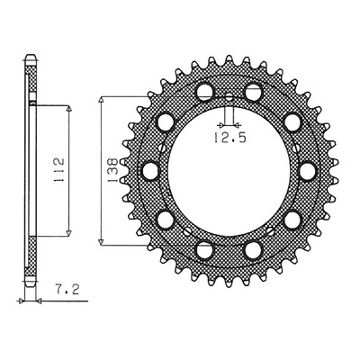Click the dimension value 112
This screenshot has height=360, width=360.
(x=59, y=170)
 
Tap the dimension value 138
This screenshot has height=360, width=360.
(x=113, y=170)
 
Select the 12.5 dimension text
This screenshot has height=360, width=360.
(x=229, y=138)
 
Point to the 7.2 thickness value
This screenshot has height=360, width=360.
(x=67, y=289)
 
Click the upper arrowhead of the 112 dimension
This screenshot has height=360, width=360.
(x=69, y=109)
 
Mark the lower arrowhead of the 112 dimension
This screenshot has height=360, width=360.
(x=69, y=232)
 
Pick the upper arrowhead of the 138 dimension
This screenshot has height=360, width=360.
(x=102, y=100)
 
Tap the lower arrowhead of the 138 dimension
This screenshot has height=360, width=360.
(x=102, y=241)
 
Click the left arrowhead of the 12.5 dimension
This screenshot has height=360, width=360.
(x=221, y=124)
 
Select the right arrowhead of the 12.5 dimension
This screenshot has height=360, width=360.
(x=237, y=124)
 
